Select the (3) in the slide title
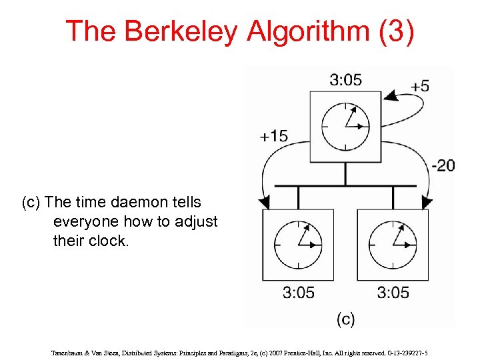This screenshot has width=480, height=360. (395, 32)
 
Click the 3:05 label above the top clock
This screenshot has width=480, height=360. (345, 80)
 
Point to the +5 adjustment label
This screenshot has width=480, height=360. (420, 87)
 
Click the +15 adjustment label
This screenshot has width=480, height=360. (273, 136)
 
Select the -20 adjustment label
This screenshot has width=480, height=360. (443, 165)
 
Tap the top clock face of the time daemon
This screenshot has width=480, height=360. (345, 126)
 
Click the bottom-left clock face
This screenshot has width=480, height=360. (298, 244)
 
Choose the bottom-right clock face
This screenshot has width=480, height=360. (393, 244)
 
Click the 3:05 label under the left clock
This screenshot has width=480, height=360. (298, 292)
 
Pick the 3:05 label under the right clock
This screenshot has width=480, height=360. (393, 292)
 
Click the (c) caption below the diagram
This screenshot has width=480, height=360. (345, 319)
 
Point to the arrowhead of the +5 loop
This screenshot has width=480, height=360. (391, 96)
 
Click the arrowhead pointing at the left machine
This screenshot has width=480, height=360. (264, 202)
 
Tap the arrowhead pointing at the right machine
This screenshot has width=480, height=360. (427, 202)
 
